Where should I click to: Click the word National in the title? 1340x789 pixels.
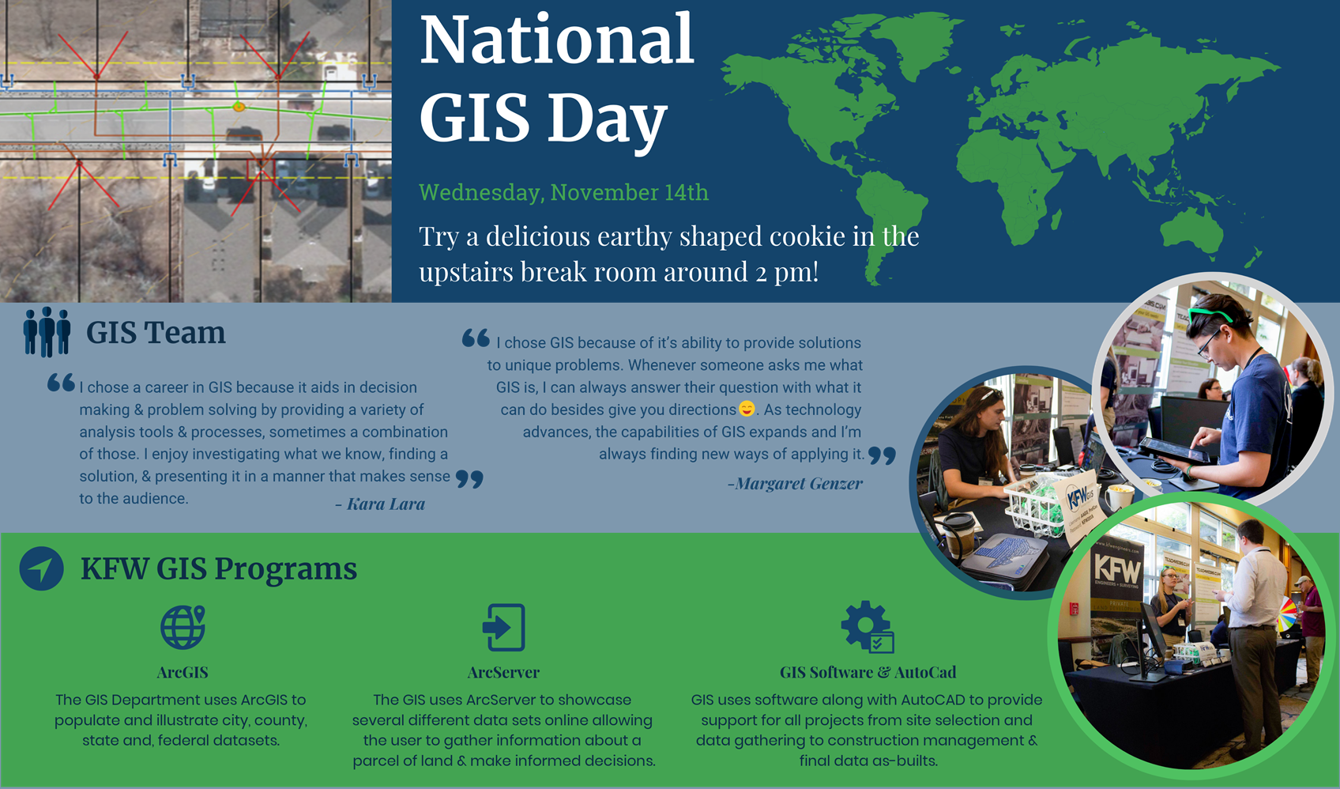tap(556, 40)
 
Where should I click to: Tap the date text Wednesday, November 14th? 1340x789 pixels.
tap(563, 193)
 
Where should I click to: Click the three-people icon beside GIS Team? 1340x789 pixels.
tap(47, 332)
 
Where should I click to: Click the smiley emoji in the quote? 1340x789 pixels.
tap(747, 409)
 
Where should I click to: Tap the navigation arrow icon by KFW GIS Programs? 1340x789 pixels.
tap(41, 568)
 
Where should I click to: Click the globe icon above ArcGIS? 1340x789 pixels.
tap(183, 628)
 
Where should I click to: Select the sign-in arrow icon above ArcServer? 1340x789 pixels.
tap(504, 628)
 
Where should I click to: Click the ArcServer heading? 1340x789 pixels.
tap(504, 672)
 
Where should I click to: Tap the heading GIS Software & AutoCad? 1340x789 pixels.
tap(868, 672)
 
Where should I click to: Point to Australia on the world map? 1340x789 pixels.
tap(1191, 232)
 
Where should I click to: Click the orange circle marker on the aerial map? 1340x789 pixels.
tap(239, 108)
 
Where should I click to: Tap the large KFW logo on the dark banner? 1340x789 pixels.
tap(1117, 568)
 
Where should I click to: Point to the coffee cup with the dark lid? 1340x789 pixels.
tap(959, 534)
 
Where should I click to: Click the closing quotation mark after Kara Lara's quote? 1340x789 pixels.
tap(469, 479)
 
